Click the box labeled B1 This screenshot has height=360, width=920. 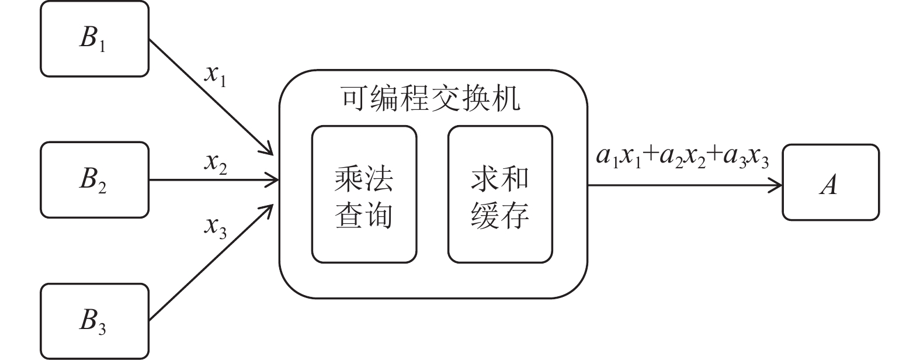pyautogui.click(x=94, y=39)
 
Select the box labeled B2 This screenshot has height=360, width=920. pyautogui.click(x=94, y=180)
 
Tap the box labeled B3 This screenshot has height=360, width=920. pyautogui.click(x=94, y=321)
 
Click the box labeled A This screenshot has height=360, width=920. pyautogui.click(x=830, y=183)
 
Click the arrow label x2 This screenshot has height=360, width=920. pyautogui.click(x=216, y=164)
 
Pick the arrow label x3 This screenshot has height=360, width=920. pyautogui.click(x=216, y=226)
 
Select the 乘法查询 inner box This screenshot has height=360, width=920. pyautogui.click(x=364, y=195)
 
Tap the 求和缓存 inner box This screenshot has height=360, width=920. pyautogui.click(x=500, y=195)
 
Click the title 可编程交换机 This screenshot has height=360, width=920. pyautogui.click(x=431, y=99)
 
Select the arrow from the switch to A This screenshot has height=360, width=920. pyautogui.click(x=683, y=186)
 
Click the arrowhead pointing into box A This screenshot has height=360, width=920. pyautogui.click(x=776, y=186)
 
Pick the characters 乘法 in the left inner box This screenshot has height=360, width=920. pyautogui.click(x=364, y=178)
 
